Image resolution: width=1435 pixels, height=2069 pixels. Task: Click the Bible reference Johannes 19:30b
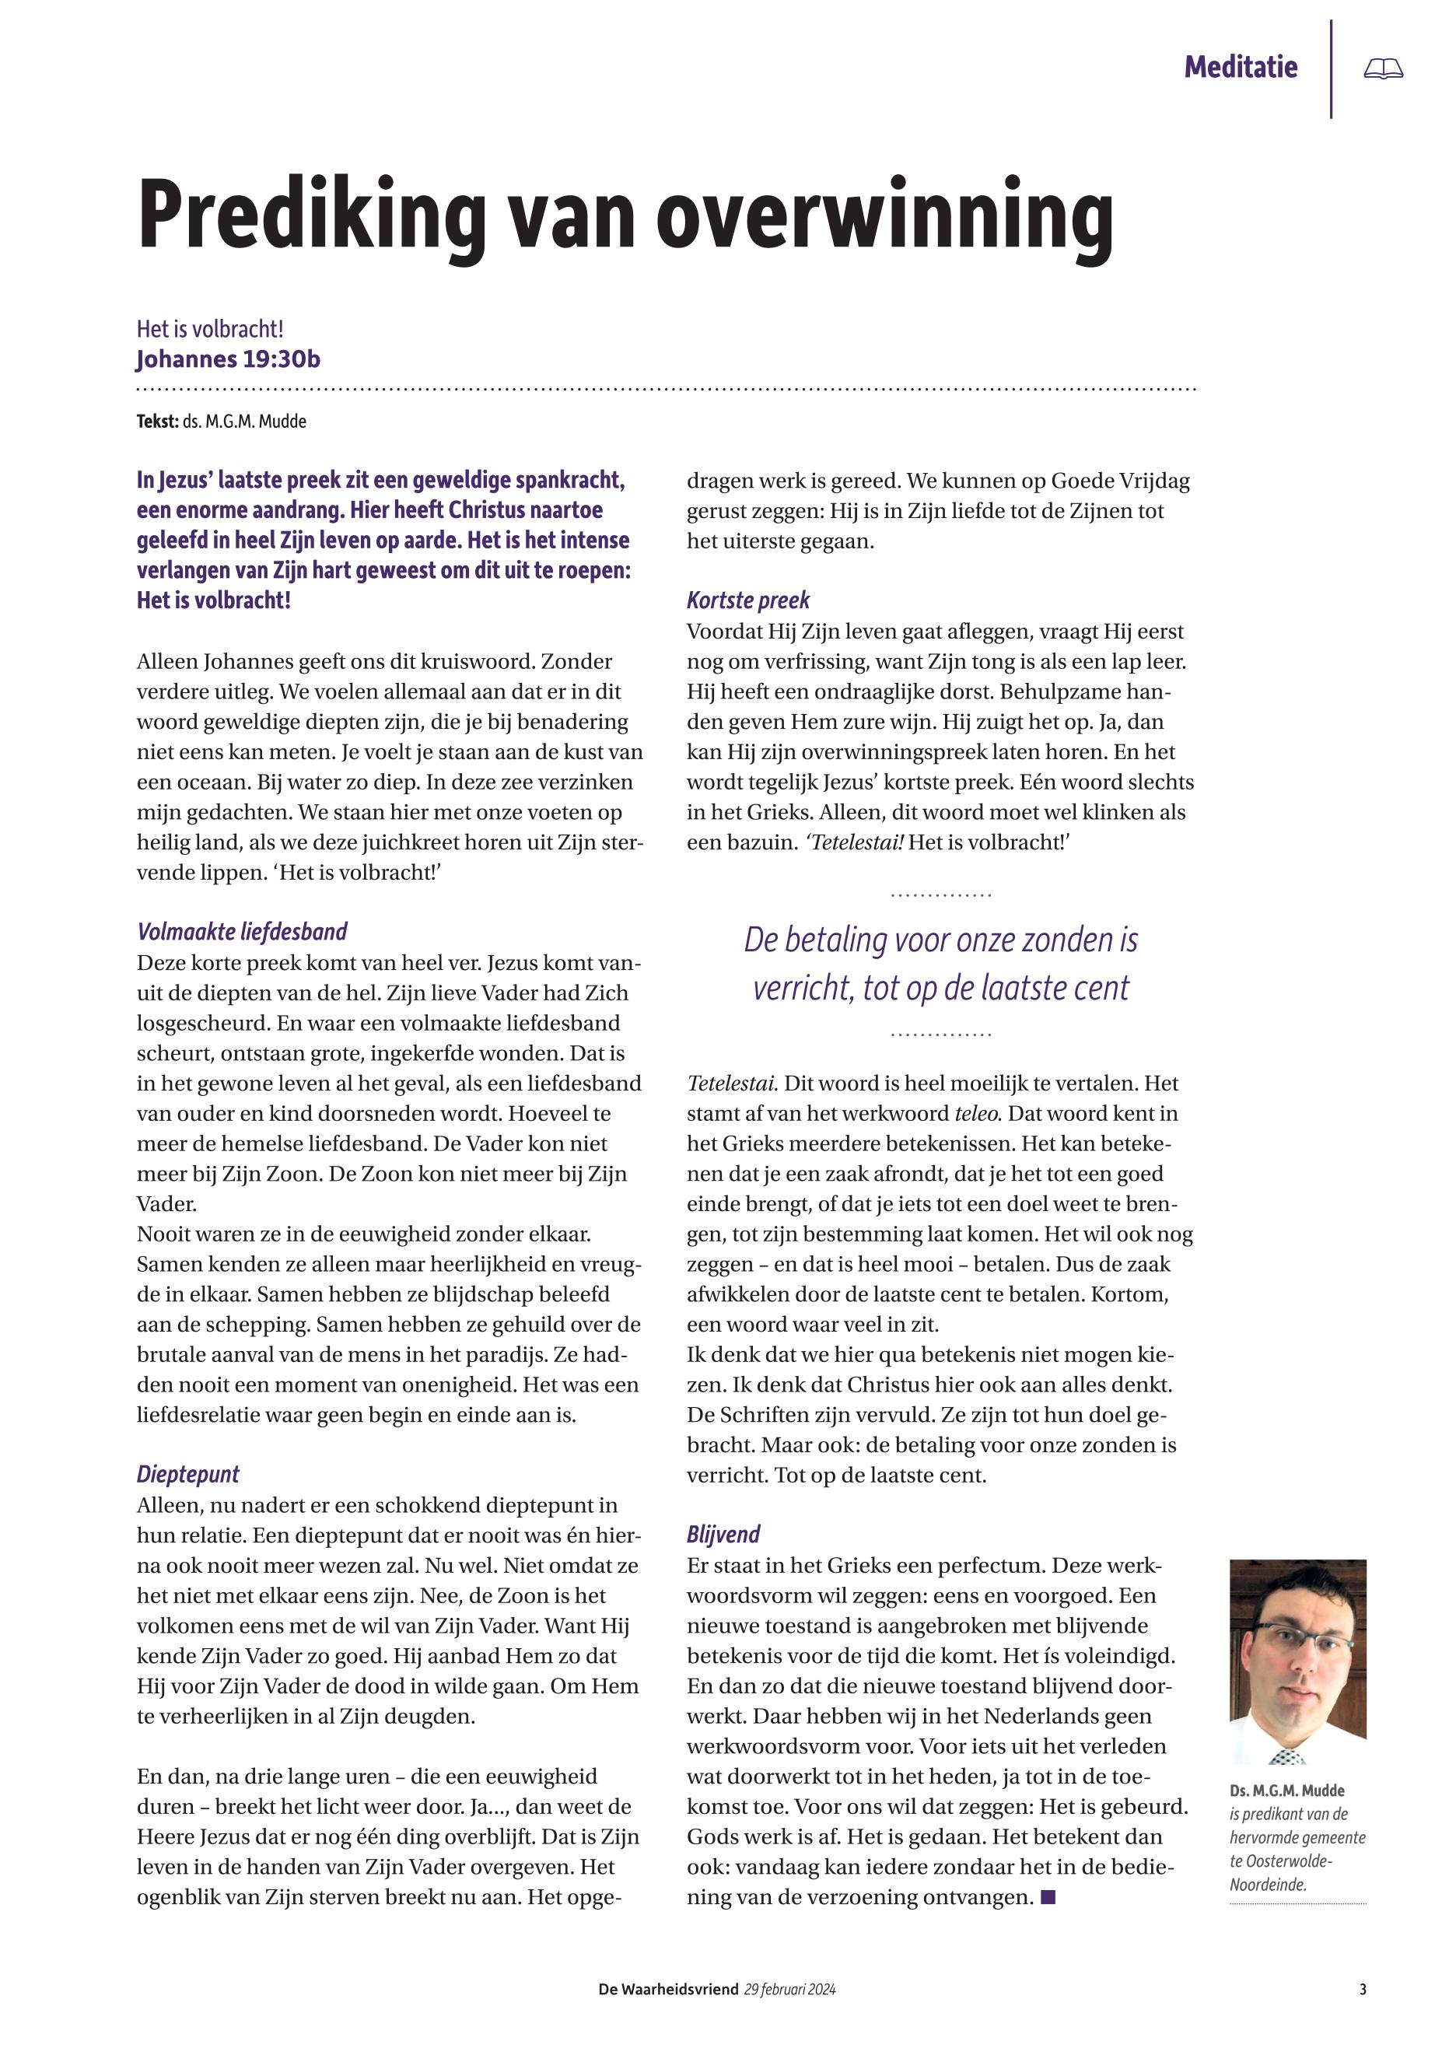click(229, 359)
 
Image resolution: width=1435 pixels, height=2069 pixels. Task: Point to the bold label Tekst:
click(157, 422)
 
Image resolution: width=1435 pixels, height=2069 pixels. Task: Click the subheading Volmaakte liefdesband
click(242, 932)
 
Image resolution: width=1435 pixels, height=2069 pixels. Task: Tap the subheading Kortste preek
click(748, 600)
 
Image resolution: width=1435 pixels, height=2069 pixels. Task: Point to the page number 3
click(1363, 1990)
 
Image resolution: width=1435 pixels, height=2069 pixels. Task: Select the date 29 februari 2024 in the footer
click(790, 1990)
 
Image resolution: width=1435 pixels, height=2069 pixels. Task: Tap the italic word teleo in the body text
click(978, 1113)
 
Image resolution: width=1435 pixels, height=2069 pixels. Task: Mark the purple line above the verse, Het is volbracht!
click(211, 329)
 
